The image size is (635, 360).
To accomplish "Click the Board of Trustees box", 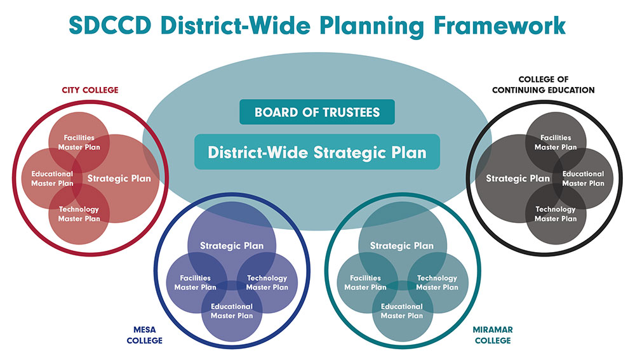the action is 317,112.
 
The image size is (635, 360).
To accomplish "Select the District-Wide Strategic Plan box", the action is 317,152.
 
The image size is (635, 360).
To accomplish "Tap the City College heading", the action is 90,90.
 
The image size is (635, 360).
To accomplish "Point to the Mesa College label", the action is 145,335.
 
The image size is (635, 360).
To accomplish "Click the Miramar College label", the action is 493,335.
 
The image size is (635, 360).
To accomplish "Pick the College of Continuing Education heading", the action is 544,84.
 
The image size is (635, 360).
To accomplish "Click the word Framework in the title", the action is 499,25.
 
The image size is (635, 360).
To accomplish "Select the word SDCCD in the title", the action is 110,25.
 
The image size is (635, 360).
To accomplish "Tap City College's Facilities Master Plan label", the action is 79,143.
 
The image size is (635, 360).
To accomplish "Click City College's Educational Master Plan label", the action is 52,178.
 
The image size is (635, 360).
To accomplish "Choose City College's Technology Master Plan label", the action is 79,214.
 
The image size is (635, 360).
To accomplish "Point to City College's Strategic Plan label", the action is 119,178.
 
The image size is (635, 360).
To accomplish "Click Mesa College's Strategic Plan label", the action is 232,246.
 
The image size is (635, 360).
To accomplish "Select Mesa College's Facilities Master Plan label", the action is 195,283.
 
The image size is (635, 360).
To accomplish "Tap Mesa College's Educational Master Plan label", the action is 232,311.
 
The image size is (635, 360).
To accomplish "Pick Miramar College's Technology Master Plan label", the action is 438,283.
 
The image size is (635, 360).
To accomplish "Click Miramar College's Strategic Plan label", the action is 402,246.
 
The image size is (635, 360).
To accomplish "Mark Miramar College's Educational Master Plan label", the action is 402,311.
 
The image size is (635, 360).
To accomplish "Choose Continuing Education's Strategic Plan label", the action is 518,178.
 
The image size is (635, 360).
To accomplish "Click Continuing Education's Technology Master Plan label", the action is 556,214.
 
